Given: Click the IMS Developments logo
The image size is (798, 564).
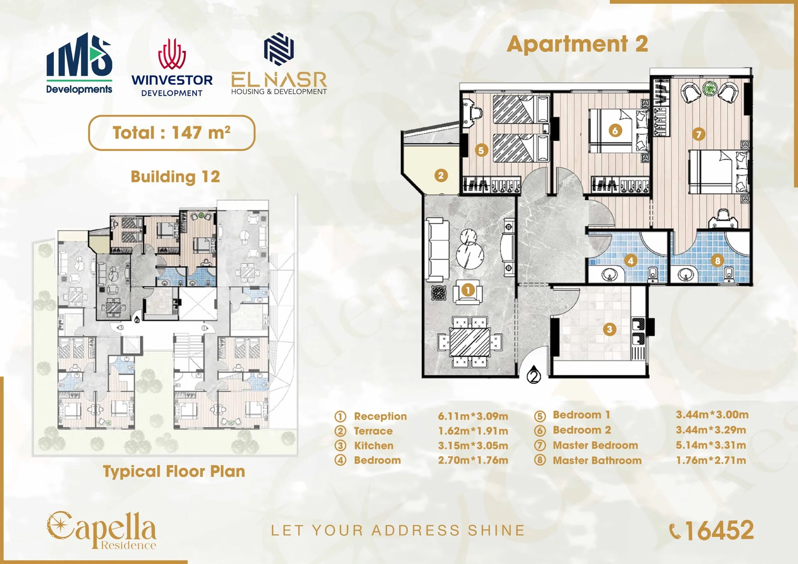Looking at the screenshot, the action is coord(79,63).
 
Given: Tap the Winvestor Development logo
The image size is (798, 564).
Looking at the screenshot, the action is coord(172,67).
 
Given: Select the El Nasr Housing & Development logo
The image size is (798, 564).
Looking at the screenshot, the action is coord(279,64).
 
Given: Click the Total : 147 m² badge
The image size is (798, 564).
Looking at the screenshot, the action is coord(172,133).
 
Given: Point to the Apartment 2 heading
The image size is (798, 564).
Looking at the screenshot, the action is coord(577,44).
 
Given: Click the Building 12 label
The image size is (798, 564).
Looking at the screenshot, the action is coord(175,177).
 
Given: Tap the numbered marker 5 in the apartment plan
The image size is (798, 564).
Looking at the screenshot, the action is coord(481,151).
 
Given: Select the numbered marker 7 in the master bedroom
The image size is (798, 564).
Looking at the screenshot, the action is coord(698,134).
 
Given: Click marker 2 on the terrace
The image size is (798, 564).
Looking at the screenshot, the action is coord(441,176).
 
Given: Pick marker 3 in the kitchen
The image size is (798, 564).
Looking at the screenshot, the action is coord(609,329).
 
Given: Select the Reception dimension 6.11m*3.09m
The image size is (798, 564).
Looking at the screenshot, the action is coord(473,416).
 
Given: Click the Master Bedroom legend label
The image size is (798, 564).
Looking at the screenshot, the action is coord(596,445).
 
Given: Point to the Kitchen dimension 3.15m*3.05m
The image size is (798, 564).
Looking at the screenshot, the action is coord(473,445).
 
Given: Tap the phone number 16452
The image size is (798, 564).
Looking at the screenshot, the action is coord(720,531).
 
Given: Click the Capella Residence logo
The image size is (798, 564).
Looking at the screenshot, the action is coord(102,530).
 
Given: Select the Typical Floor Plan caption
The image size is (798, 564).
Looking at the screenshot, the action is coord(174,471).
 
